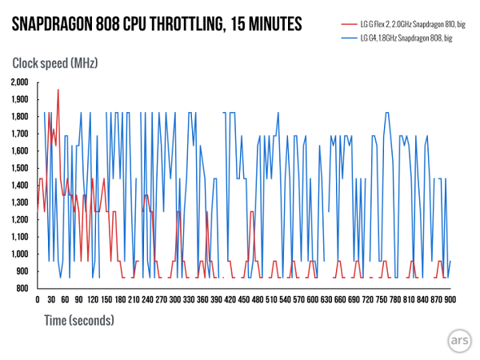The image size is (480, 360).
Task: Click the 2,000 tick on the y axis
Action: (x=18, y=82)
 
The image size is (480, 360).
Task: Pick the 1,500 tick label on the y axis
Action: (x=18, y=168)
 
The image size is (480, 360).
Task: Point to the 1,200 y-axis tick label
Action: (x=18, y=220)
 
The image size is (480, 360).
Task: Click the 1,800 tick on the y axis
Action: (x=18, y=117)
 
